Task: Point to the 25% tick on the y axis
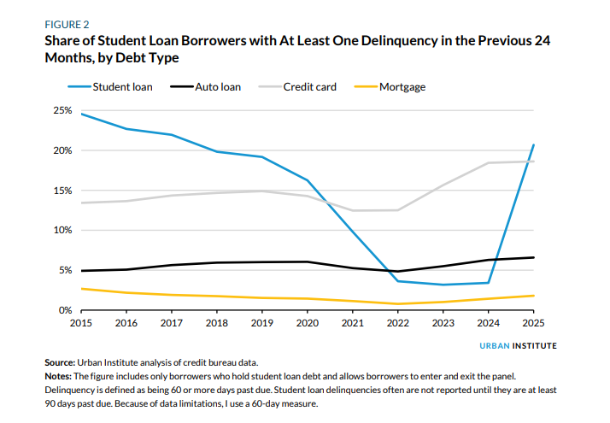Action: coord(62,110)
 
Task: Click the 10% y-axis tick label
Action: coord(62,230)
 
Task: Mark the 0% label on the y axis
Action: coord(65,310)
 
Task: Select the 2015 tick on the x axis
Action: coord(80,323)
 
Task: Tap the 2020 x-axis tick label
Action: coord(307,323)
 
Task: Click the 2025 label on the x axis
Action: coord(532,323)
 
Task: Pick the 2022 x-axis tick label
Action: coord(397,323)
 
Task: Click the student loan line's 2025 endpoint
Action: coord(533,145)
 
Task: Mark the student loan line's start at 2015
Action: coord(80,114)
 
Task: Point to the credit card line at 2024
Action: coord(488,163)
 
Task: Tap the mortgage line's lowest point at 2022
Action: coord(397,304)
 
